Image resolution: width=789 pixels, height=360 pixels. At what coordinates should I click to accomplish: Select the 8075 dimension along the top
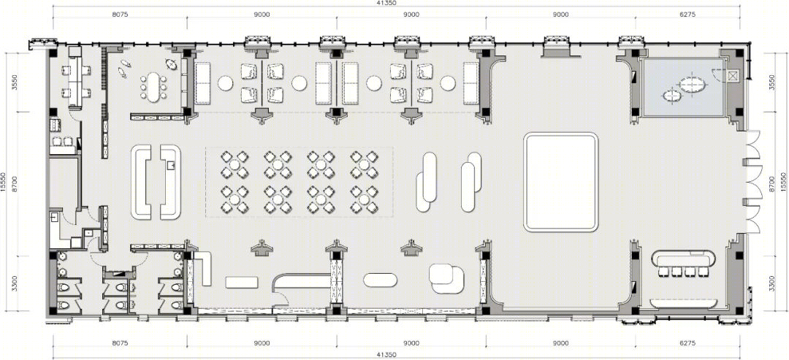point(121,15)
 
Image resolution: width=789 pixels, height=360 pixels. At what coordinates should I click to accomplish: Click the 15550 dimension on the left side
point(4,182)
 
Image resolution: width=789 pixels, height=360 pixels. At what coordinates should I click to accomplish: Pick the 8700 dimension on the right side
point(772,182)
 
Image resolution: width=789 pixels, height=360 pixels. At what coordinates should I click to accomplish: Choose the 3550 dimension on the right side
point(772,83)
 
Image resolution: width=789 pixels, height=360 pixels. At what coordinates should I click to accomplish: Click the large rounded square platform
point(561,182)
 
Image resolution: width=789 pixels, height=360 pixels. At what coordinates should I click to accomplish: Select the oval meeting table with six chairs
point(153,87)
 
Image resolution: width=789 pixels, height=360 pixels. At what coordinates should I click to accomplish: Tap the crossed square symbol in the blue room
point(732,77)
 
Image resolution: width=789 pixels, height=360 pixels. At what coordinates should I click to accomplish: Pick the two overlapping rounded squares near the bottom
point(446,278)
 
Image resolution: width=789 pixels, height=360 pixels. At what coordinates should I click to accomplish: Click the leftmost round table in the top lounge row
point(225,83)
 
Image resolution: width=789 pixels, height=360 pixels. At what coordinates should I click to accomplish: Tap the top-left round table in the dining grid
point(235,164)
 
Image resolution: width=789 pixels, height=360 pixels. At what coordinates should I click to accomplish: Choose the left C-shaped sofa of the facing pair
point(142,182)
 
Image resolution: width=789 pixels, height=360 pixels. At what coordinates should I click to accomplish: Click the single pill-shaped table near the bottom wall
point(380,280)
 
